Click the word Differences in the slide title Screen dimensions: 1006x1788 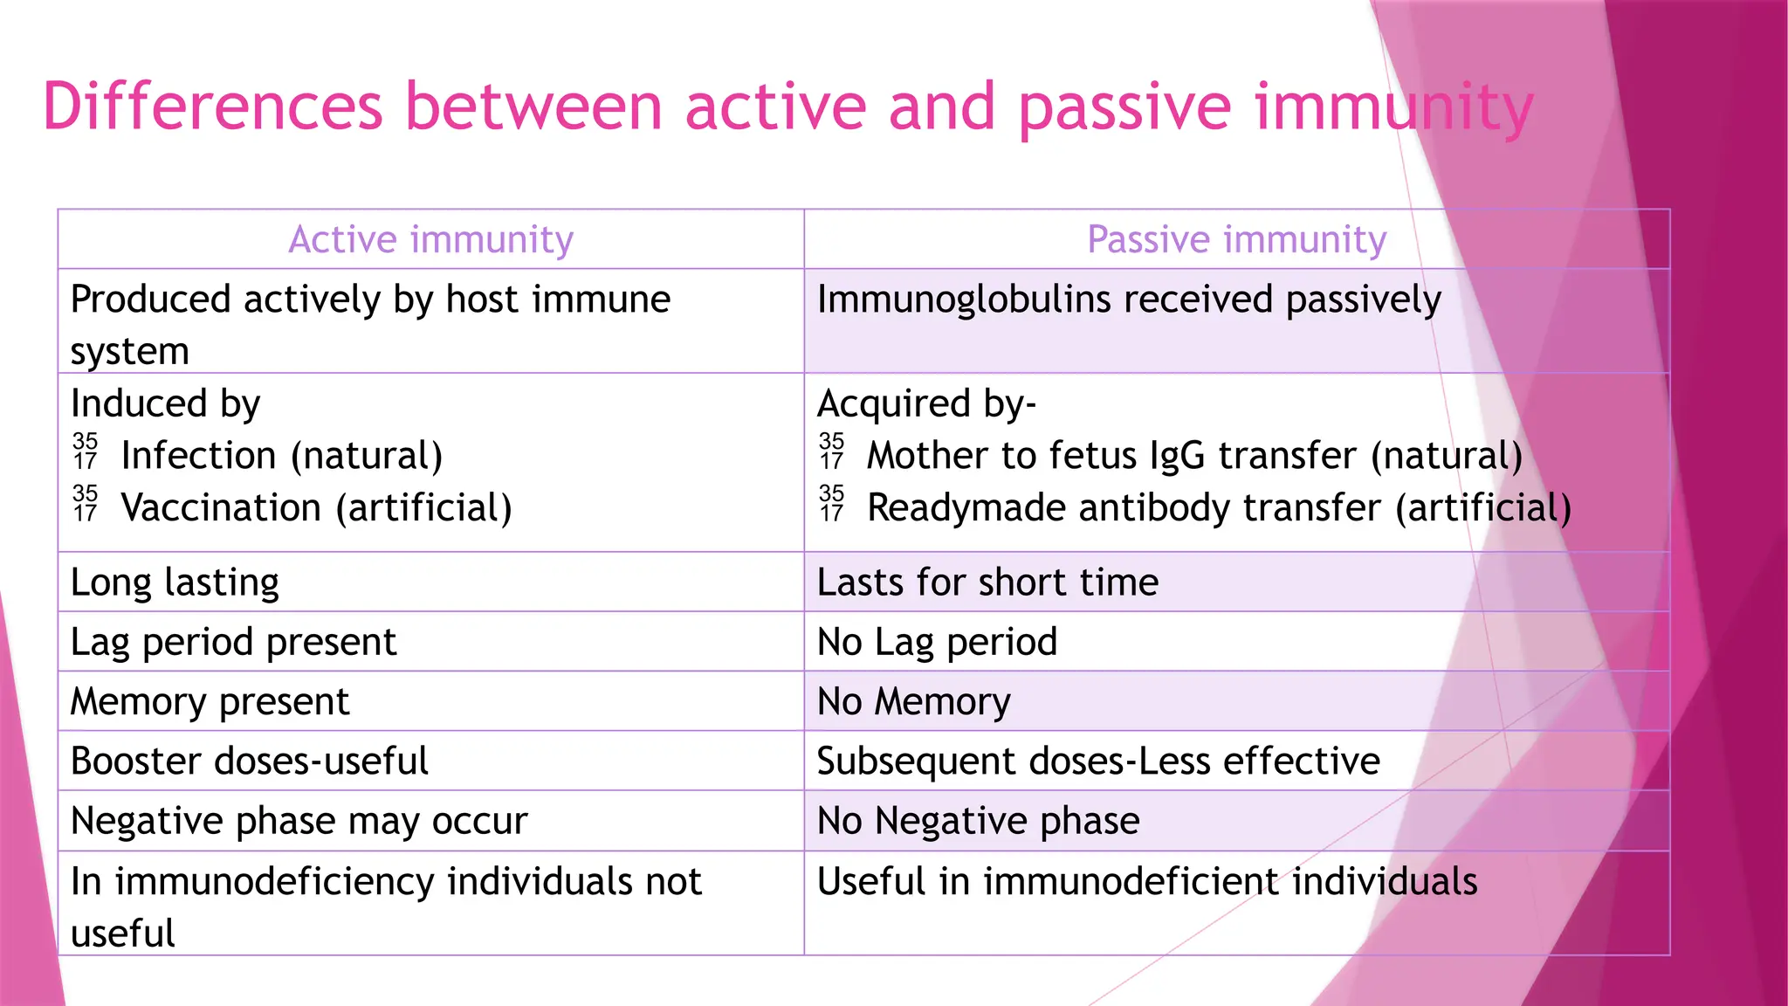(x=212, y=107)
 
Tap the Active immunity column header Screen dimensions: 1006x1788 (x=430, y=239)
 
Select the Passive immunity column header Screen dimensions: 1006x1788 (x=1236, y=239)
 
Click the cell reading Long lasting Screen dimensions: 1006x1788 (x=175, y=582)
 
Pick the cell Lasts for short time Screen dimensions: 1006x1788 (x=987, y=582)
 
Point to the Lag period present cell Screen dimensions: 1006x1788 (x=233, y=642)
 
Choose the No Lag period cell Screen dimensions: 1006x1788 (x=937, y=642)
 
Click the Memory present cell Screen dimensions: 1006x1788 (x=210, y=702)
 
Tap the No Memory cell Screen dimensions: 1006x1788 (x=913, y=702)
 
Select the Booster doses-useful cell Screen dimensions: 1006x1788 (x=249, y=761)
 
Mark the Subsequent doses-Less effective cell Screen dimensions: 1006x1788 (x=1097, y=761)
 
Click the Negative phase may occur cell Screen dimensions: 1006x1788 (x=299, y=821)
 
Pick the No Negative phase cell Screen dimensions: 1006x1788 (x=978, y=821)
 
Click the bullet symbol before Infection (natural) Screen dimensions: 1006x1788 (x=86, y=451)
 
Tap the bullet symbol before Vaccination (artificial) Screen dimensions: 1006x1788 (x=86, y=504)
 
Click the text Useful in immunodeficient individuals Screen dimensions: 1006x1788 (x=1146, y=881)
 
